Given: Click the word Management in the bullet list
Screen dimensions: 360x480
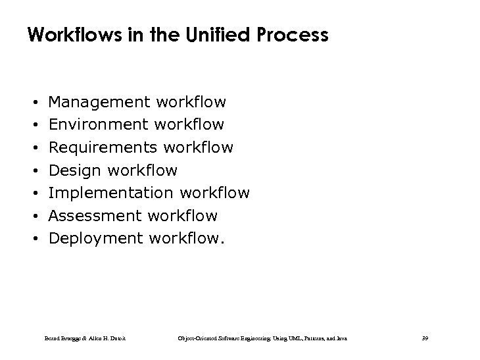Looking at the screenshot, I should pyautogui.click(x=99, y=102).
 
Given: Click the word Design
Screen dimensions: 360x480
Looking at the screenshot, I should pyautogui.click(x=76, y=170).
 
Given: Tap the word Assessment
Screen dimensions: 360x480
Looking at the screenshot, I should pyautogui.click(x=95, y=215).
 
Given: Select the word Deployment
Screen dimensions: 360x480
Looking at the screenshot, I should pyautogui.click(x=96, y=238).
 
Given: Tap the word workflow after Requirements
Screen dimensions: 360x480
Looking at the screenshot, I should pyautogui.click(x=198, y=147).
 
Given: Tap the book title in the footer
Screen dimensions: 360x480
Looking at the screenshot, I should pyautogui.click(x=263, y=338).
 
